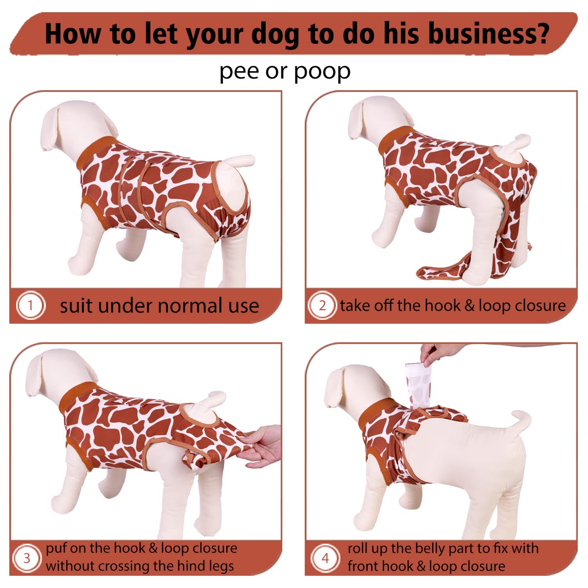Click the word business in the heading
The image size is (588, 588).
coord(488,34)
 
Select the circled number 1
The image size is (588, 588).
coord(30,305)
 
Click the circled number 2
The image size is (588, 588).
coord(322,305)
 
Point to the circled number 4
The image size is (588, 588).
coord(325,558)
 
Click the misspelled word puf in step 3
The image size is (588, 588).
coord(57,549)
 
